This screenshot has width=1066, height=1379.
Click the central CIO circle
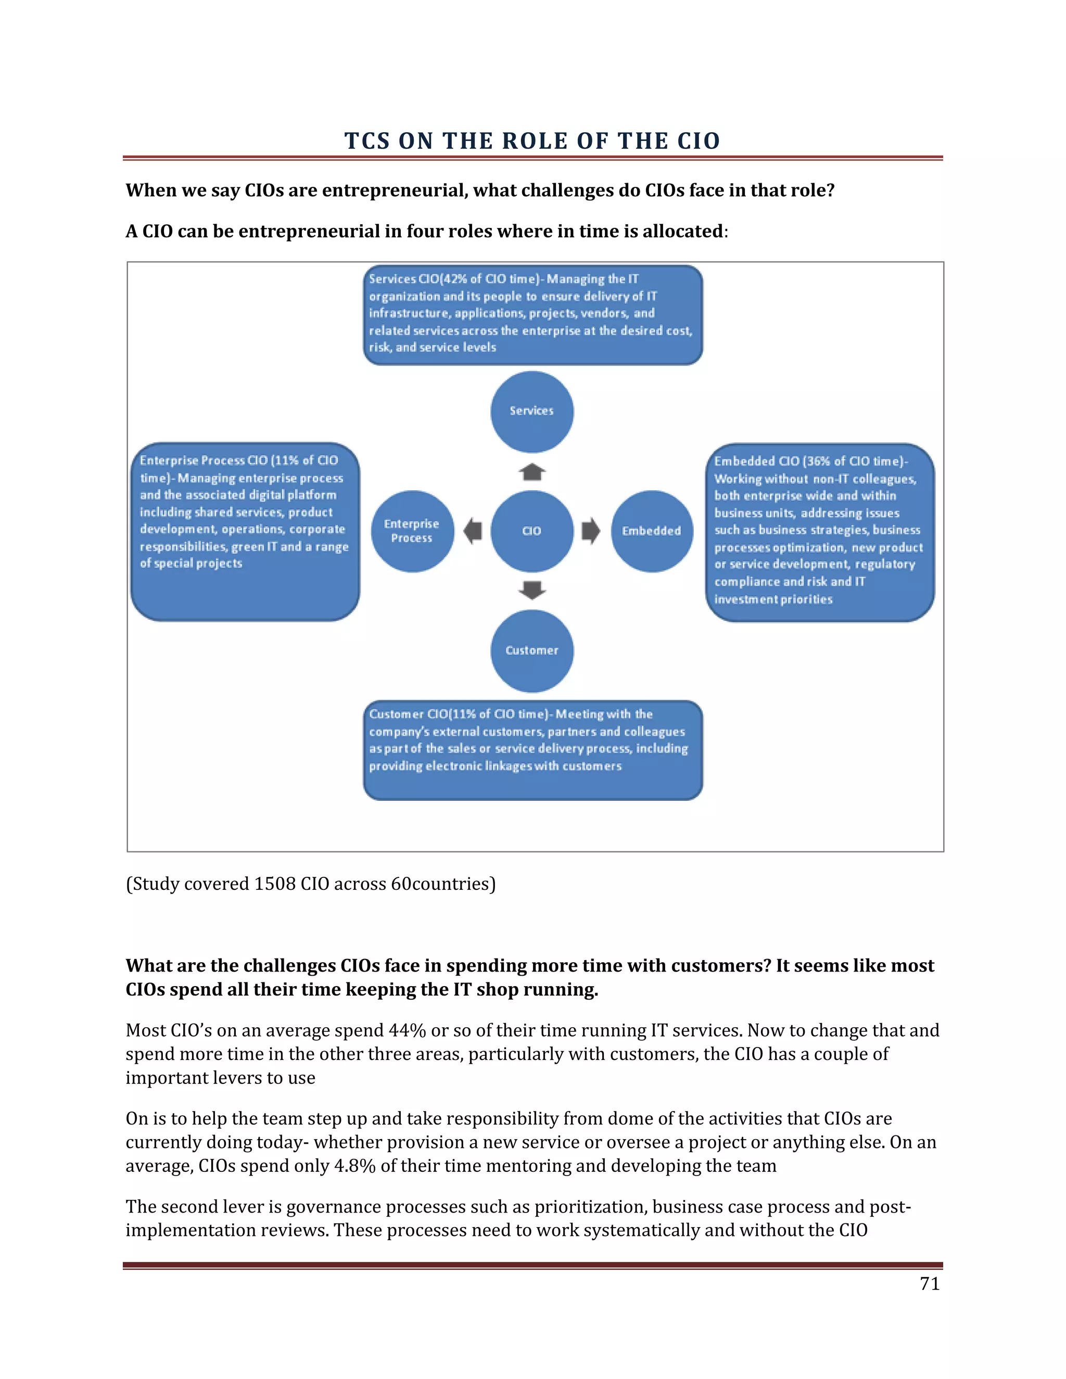(532, 531)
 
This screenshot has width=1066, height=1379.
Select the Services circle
(532, 411)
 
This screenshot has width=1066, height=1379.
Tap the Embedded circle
(652, 531)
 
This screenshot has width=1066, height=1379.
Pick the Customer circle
(532, 650)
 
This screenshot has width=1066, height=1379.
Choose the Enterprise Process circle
(412, 531)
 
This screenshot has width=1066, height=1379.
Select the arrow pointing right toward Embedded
(590, 530)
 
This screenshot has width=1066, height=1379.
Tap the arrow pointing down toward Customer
(532, 590)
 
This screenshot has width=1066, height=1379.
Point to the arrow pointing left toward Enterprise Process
(473, 530)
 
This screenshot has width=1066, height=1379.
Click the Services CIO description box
(532, 314)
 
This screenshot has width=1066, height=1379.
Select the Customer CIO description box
(532, 749)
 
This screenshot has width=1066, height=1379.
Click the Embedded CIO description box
(819, 532)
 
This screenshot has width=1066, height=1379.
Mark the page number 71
(930, 1284)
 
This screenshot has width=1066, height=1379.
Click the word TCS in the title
(367, 141)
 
